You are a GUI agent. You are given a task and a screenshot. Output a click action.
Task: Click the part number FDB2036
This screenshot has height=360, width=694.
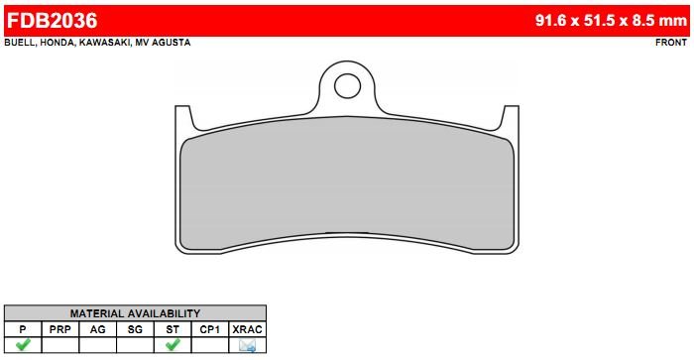pyautogui.click(x=52, y=21)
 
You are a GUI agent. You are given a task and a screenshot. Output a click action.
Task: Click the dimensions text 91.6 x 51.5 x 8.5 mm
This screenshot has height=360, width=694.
pyautogui.click(x=611, y=21)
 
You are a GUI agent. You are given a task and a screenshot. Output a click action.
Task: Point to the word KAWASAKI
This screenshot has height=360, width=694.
pyautogui.click(x=104, y=43)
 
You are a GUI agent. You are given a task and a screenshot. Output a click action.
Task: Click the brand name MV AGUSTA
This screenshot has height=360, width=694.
pyautogui.click(x=163, y=43)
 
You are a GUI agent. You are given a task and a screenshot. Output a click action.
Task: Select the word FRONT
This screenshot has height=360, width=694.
pyautogui.click(x=671, y=43)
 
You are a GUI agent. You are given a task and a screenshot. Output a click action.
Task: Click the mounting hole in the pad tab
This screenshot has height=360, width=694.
pyautogui.click(x=347, y=86)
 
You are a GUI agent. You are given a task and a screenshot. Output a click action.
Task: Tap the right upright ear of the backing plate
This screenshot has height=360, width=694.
pyautogui.click(x=511, y=117)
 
